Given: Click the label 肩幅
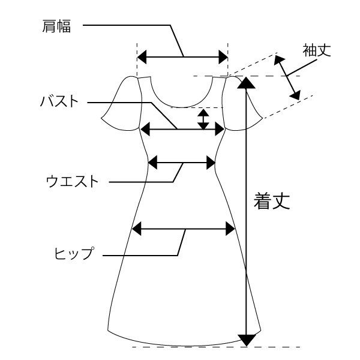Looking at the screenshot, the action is pos(56,26).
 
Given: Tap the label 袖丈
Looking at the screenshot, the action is pos(317,50).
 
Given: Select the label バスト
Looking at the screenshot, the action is pos(59,101).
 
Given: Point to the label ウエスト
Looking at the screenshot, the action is pos(73,181).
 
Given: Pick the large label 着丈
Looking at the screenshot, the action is pos(272,201).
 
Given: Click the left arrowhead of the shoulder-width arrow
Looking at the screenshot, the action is pos(142,57).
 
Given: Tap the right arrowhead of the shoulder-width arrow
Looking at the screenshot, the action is pos(223,57).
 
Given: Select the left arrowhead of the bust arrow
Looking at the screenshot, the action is pos(145,129).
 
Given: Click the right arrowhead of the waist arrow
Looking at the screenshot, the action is pos(211,163).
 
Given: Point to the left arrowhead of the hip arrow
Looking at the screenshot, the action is pos(137,229).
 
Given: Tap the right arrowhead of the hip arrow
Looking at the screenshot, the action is pos(230,229).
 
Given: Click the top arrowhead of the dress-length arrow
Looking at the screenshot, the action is pos(247,83).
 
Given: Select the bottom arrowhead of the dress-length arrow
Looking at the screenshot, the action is pos(247,340).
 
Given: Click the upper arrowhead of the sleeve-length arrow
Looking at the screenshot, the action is pos(278,59).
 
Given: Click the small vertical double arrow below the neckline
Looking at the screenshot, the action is pos(203,119).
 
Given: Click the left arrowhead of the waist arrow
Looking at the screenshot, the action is pos(152,163).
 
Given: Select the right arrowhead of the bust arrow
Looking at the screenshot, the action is pos(220,129).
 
